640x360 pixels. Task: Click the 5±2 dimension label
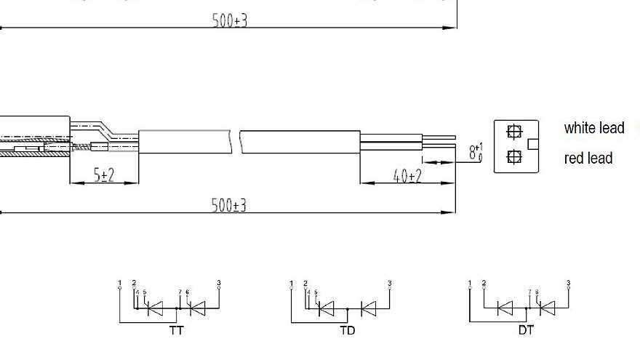click(105, 175)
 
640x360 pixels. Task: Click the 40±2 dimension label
click(407, 176)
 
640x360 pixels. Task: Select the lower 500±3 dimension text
click(229, 205)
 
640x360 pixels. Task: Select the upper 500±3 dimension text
click(230, 20)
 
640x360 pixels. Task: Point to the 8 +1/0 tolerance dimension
click(476, 153)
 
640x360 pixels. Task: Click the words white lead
click(594, 128)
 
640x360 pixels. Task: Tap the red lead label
click(588, 158)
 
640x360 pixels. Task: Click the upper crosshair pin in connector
click(514, 132)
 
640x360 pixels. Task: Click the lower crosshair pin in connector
click(514, 156)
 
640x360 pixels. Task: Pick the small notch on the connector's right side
click(533, 143)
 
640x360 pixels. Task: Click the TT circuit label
click(176, 330)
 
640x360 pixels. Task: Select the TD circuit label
click(348, 330)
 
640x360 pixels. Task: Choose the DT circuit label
click(526, 330)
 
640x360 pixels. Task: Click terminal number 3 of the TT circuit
click(219, 283)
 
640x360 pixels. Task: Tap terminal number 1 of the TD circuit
click(291, 283)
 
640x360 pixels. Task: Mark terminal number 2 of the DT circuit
click(484, 283)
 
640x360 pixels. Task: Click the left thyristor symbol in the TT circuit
click(155, 308)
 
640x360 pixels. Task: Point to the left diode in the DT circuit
click(505, 308)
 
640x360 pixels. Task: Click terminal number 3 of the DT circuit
click(569, 283)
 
